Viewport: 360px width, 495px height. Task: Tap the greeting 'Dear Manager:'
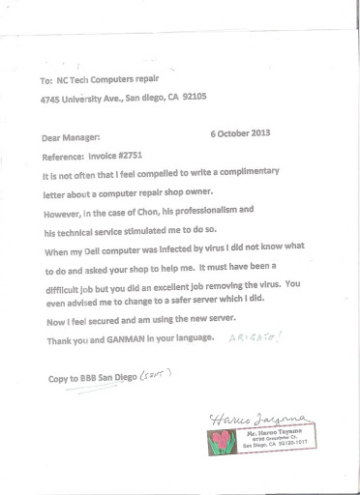point(73,138)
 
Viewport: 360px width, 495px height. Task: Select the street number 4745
point(54,98)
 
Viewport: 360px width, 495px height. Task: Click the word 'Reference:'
point(68,156)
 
